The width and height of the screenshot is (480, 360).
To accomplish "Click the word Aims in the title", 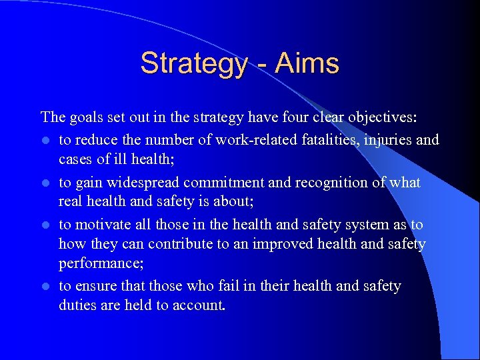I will point(308,64).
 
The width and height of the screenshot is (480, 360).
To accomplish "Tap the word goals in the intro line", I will point(82,118).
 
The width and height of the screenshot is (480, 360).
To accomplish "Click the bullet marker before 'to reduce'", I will point(45,141).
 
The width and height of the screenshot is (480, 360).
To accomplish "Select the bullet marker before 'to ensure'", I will point(45,287).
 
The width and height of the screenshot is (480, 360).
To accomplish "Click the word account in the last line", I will point(203,305).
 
